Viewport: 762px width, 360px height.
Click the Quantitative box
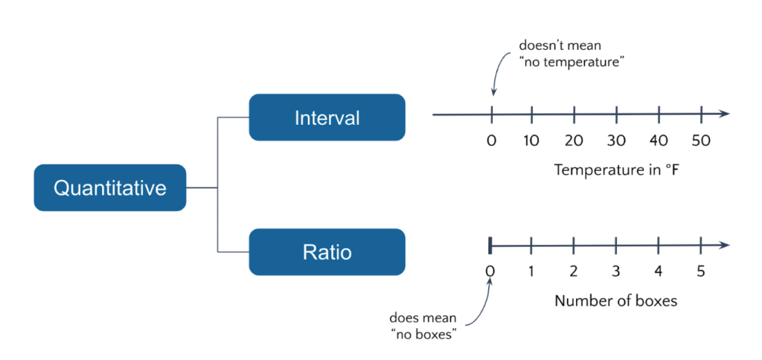coord(109,187)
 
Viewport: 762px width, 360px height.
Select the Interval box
coord(327,118)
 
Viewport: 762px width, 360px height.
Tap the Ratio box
coord(327,252)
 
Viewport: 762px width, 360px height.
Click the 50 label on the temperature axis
coord(700,141)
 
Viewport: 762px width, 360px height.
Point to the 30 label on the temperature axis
coord(616,141)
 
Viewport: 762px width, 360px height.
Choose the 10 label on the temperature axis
coord(531,141)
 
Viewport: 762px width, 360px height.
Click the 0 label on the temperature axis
coord(490,141)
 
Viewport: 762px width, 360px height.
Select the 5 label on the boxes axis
coord(700,271)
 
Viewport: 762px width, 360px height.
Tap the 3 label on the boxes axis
coord(616,271)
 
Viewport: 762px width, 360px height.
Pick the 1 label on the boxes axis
coord(531,271)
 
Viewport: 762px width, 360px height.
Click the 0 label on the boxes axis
coord(490,271)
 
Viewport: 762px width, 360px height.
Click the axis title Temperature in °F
coord(617,170)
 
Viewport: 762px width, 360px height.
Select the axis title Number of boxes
coord(615,301)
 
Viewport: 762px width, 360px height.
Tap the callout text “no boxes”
coord(423,333)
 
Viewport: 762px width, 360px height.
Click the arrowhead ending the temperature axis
coord(724,114)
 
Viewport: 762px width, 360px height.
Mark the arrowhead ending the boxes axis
coord(724,245)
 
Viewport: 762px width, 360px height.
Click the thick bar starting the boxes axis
coord(490,245)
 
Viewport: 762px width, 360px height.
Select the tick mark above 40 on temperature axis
coord(659,114)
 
